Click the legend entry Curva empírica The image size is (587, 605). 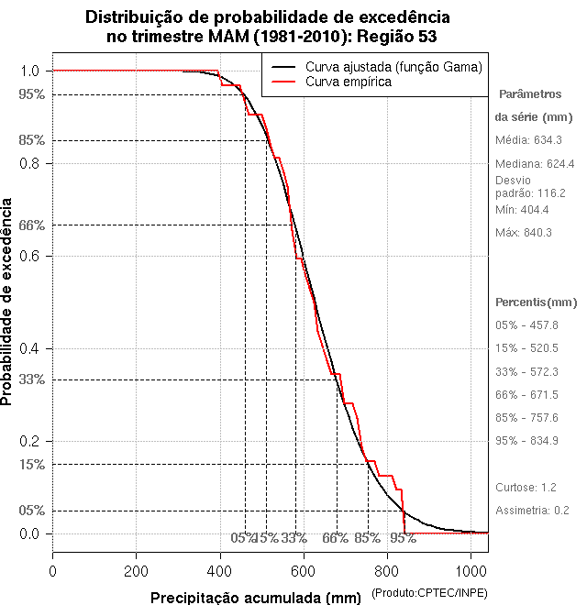[x=348, y=82]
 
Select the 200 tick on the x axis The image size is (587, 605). [x=137, y=571]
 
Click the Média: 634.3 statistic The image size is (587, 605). [x=528, y=140]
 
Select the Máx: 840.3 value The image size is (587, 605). [x=523, y=232]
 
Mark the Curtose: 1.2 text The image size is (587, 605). [x=526, y=487]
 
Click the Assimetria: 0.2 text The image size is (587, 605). [x=533, y=510]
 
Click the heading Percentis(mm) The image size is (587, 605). [x=536, y=302]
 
